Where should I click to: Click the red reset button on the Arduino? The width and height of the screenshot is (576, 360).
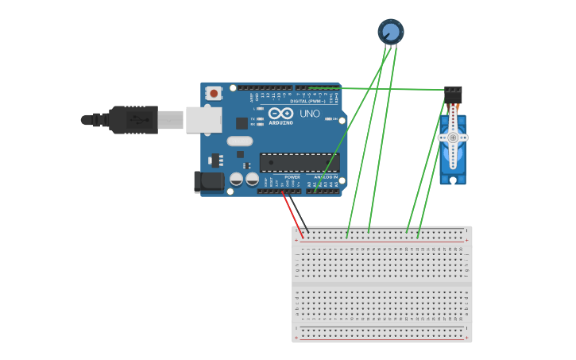coord(214,94)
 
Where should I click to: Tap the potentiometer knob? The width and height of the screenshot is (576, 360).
coord(390,31)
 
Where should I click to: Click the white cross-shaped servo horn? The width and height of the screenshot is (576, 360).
coord(453,137)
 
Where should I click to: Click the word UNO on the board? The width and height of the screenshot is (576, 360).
coord(309,114)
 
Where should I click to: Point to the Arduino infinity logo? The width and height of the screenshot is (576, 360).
coord(280,113)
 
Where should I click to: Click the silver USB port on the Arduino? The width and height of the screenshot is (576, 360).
coord(203,120)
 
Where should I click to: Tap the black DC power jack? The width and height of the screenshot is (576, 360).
coord(209,181)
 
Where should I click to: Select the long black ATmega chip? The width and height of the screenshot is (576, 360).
coord(300,163)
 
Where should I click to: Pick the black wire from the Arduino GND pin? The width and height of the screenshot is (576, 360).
coord(300,213)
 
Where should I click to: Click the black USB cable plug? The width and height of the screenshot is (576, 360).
coord(132,120)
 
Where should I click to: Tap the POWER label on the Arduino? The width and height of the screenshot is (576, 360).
coord(281,177)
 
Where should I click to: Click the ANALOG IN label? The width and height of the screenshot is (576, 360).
coord(323,177)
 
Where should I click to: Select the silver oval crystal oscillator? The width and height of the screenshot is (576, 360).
coord(239,141)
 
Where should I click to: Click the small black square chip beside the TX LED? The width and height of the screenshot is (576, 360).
coord(242,123)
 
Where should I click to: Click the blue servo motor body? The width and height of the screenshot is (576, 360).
coord(453,159)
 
